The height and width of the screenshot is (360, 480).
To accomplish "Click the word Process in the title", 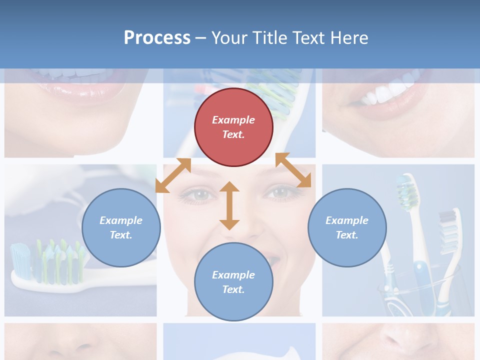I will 157,38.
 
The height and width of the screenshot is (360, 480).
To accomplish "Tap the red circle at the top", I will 233,127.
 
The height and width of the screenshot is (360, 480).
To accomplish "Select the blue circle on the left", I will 121,227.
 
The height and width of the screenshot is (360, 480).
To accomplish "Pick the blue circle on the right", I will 347,227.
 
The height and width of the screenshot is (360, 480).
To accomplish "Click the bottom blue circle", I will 233,282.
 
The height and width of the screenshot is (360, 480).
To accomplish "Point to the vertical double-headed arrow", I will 229,205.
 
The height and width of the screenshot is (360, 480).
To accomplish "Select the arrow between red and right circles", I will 293,170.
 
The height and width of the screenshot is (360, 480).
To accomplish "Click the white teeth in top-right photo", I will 390,91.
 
